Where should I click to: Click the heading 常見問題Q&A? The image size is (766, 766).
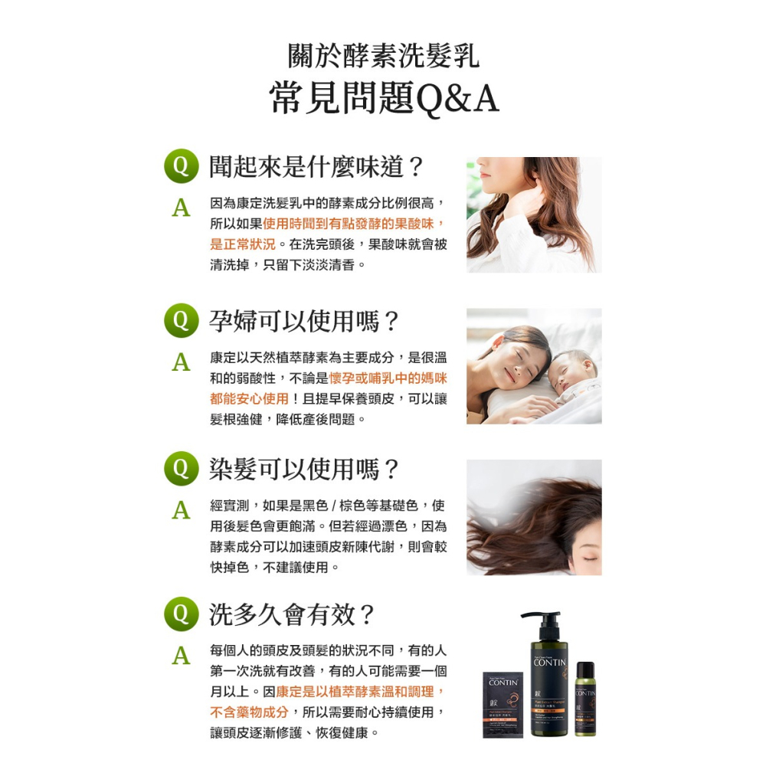(384, 99)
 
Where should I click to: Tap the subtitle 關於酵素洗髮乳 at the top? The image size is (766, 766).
(384, 56)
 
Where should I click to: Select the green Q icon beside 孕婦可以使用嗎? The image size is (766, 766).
(181, 320)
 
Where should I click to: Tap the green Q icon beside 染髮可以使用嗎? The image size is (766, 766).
(181, 469)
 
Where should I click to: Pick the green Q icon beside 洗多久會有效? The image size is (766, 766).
(181, 614)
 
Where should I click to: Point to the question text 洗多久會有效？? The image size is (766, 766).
(293, 614)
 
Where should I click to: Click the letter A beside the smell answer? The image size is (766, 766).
(181, 208)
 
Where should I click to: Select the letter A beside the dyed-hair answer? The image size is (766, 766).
(181, 509)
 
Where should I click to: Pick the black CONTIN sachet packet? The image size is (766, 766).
(502, 704)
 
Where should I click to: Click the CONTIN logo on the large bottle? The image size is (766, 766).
(549, 663)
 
